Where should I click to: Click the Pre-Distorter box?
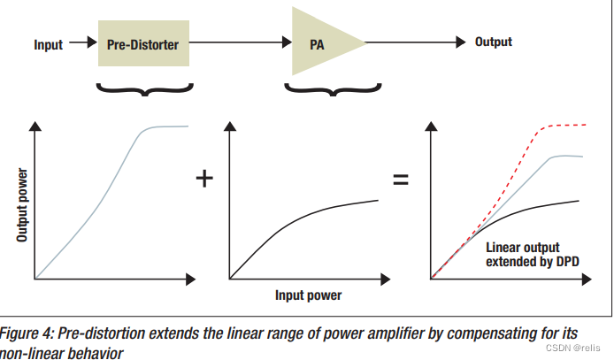143,42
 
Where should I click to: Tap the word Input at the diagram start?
48,43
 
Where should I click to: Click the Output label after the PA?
494,42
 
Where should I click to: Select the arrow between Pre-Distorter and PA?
239,42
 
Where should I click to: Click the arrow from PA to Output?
416,42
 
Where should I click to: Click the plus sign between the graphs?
204,178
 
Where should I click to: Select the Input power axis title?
307,295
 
